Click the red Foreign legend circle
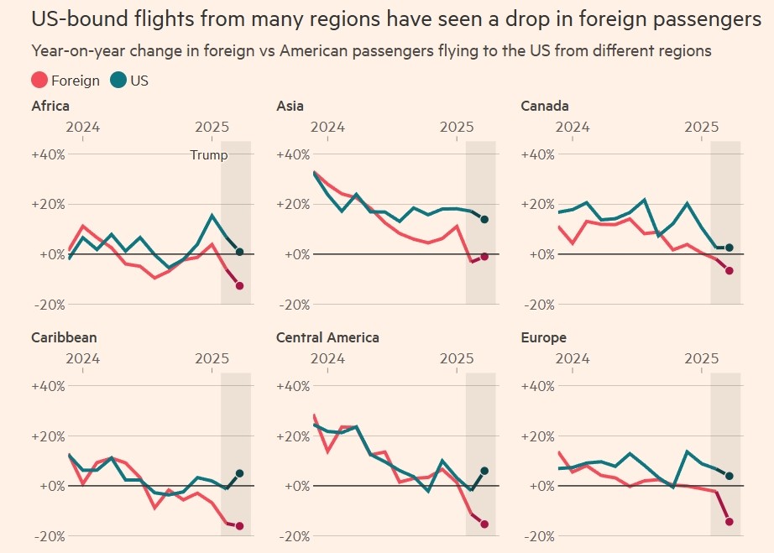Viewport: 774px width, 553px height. (x=39, y=81)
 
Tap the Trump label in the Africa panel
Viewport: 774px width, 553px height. (x=209, y=155)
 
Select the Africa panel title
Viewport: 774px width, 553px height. (x=50, y=107)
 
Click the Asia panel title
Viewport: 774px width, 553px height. (x=290, y=107)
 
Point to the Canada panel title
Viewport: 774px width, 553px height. (x=545, y=107)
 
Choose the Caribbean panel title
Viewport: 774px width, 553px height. (x=64, y=338)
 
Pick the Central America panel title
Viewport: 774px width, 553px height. (x=327, y=338)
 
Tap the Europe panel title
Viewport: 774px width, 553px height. (x=544, y=338)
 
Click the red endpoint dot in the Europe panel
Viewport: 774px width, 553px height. (x=730, y=522)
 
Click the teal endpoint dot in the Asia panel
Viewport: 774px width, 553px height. (x=484, y=220)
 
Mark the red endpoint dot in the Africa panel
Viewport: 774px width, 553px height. (x=240, y=286)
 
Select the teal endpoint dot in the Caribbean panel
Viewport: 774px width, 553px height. (x=240, y=473)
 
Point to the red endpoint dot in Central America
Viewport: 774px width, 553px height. (x=484, y=524)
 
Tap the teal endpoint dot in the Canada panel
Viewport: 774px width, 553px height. (x=730, y=248)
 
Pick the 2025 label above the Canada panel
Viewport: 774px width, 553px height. (x=701, y=127)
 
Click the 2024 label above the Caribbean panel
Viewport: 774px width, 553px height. (x=82, y=358)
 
